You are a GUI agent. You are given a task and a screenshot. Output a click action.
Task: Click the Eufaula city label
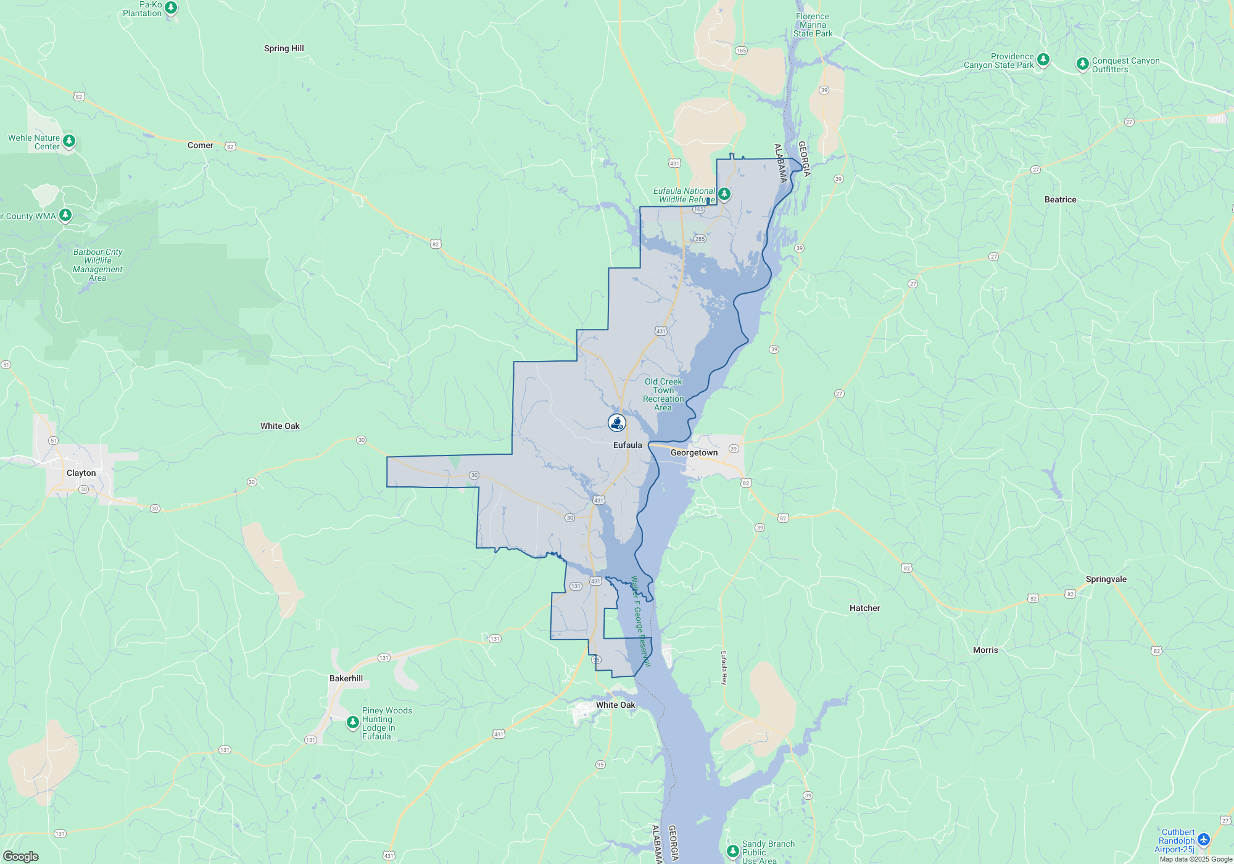[627, 445]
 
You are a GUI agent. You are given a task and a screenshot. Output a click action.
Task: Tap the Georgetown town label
[694, 452]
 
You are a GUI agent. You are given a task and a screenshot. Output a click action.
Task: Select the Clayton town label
[81, 473]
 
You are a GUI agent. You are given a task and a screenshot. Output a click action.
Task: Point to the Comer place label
[201, 145]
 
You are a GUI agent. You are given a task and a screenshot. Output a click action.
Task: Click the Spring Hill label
[284, 48]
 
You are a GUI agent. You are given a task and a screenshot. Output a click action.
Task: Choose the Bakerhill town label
[346, 678]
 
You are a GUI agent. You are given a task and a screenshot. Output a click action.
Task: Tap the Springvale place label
[1106, 579]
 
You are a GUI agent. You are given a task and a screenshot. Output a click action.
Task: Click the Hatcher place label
[865, 608]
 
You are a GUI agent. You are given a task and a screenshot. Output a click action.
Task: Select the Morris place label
[985, 650]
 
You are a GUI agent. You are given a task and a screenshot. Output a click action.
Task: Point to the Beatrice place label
[1061, 199]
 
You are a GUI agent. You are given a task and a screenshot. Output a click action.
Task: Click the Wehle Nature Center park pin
[69, 141]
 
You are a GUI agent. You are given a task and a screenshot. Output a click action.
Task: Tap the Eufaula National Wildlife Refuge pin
[724, 194]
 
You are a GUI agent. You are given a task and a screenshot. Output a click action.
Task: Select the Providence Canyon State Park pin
[1043, 59]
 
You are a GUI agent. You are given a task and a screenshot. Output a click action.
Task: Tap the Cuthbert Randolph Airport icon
[1204, 840]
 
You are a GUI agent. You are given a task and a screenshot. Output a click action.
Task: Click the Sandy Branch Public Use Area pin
[732, 851]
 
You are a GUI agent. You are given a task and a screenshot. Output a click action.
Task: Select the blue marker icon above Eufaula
[617, 422]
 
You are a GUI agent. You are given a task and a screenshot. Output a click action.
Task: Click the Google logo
[21, 857]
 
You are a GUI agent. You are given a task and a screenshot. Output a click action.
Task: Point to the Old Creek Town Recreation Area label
[663, 394]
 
